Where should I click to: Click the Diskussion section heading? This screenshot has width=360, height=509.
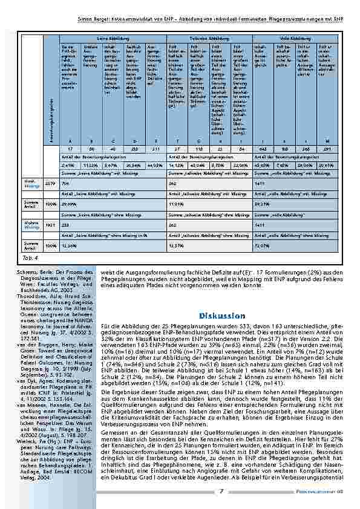[x=221, y=316]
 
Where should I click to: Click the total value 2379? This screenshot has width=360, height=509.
[x=51, y=182]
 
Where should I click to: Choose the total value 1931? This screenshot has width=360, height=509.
[x=51, y=223]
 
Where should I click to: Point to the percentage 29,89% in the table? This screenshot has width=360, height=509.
[x=70, y=204]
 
